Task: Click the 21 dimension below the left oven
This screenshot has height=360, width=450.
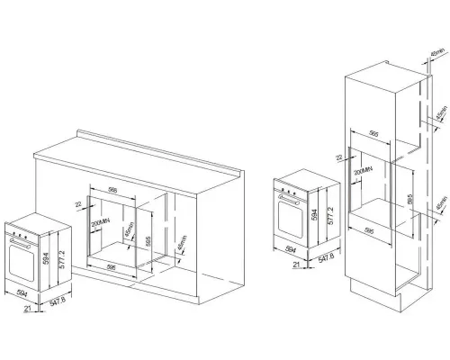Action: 29,309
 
